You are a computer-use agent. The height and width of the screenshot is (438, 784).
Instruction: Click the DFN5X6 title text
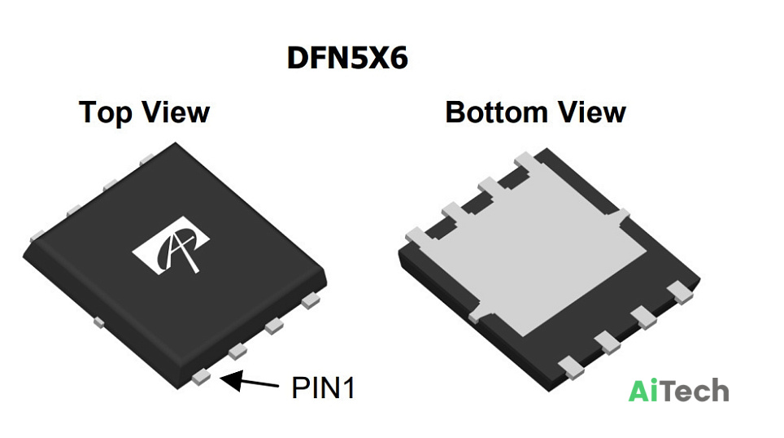pos(347,58)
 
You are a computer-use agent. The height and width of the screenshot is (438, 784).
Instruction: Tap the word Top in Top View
pos(106,113)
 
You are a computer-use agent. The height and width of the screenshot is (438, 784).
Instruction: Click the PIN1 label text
pos(323,388)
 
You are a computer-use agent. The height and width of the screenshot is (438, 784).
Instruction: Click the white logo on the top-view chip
pos(171,245)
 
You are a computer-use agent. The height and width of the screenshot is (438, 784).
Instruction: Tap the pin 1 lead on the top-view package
pos(201,377)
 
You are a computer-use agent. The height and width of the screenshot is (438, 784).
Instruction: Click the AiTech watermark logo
pos(678,391)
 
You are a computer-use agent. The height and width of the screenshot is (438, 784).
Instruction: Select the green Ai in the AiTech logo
pos(645,391)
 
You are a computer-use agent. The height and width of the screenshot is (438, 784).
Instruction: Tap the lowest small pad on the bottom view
pos(571,368)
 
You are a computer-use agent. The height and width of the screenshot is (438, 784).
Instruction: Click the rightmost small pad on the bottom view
pos(681,292)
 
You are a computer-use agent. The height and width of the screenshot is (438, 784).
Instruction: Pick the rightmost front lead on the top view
pos(311,300)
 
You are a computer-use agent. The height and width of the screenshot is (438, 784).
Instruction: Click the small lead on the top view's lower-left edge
pos(99,322)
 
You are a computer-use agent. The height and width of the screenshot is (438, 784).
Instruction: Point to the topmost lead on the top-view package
pos(147,160)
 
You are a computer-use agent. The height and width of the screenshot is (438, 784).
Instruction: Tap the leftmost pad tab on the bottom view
pos(416,235)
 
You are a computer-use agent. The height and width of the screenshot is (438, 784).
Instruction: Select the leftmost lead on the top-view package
pos(37,235)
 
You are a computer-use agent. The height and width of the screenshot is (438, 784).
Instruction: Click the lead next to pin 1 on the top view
pos(237,352)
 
